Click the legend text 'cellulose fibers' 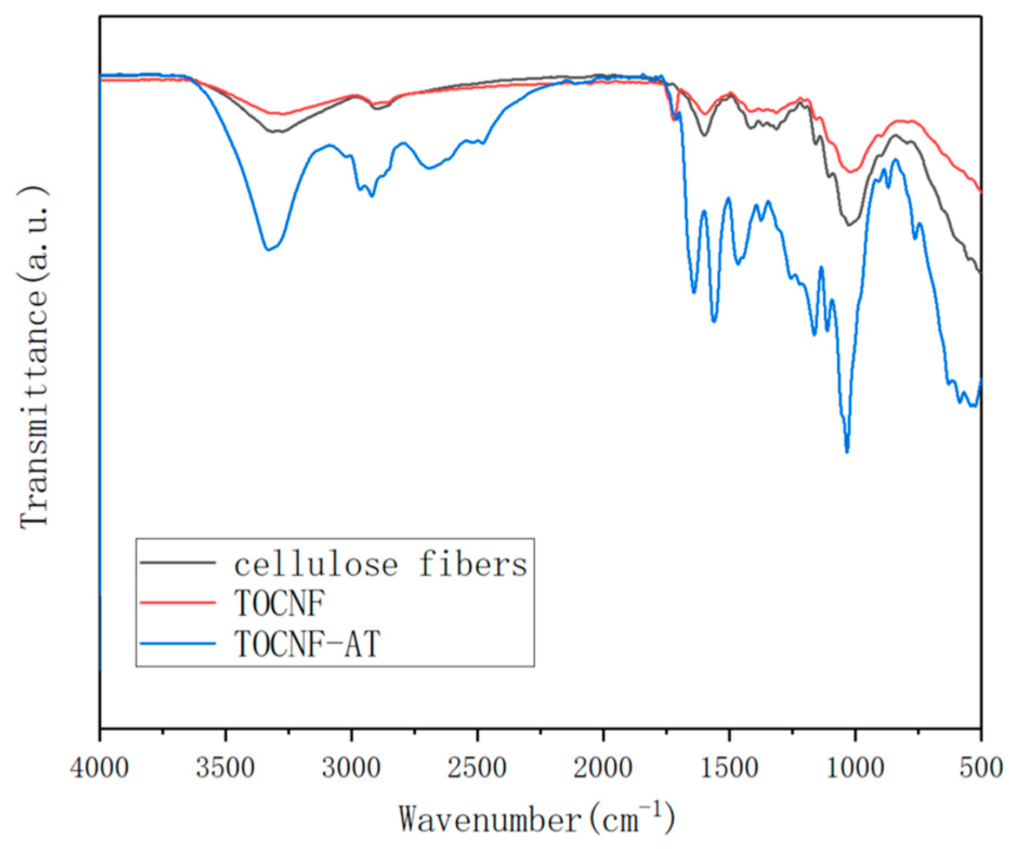click(380, 564)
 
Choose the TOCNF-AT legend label click(307, 644)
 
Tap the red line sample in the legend click(178, 602)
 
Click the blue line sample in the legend click(178, 643)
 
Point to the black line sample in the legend click(178, 563)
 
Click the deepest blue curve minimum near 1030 click(847, 450)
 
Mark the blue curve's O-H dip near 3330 click(267, 250)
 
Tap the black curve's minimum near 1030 click(849, 225)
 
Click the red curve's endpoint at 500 click(981, 192)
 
